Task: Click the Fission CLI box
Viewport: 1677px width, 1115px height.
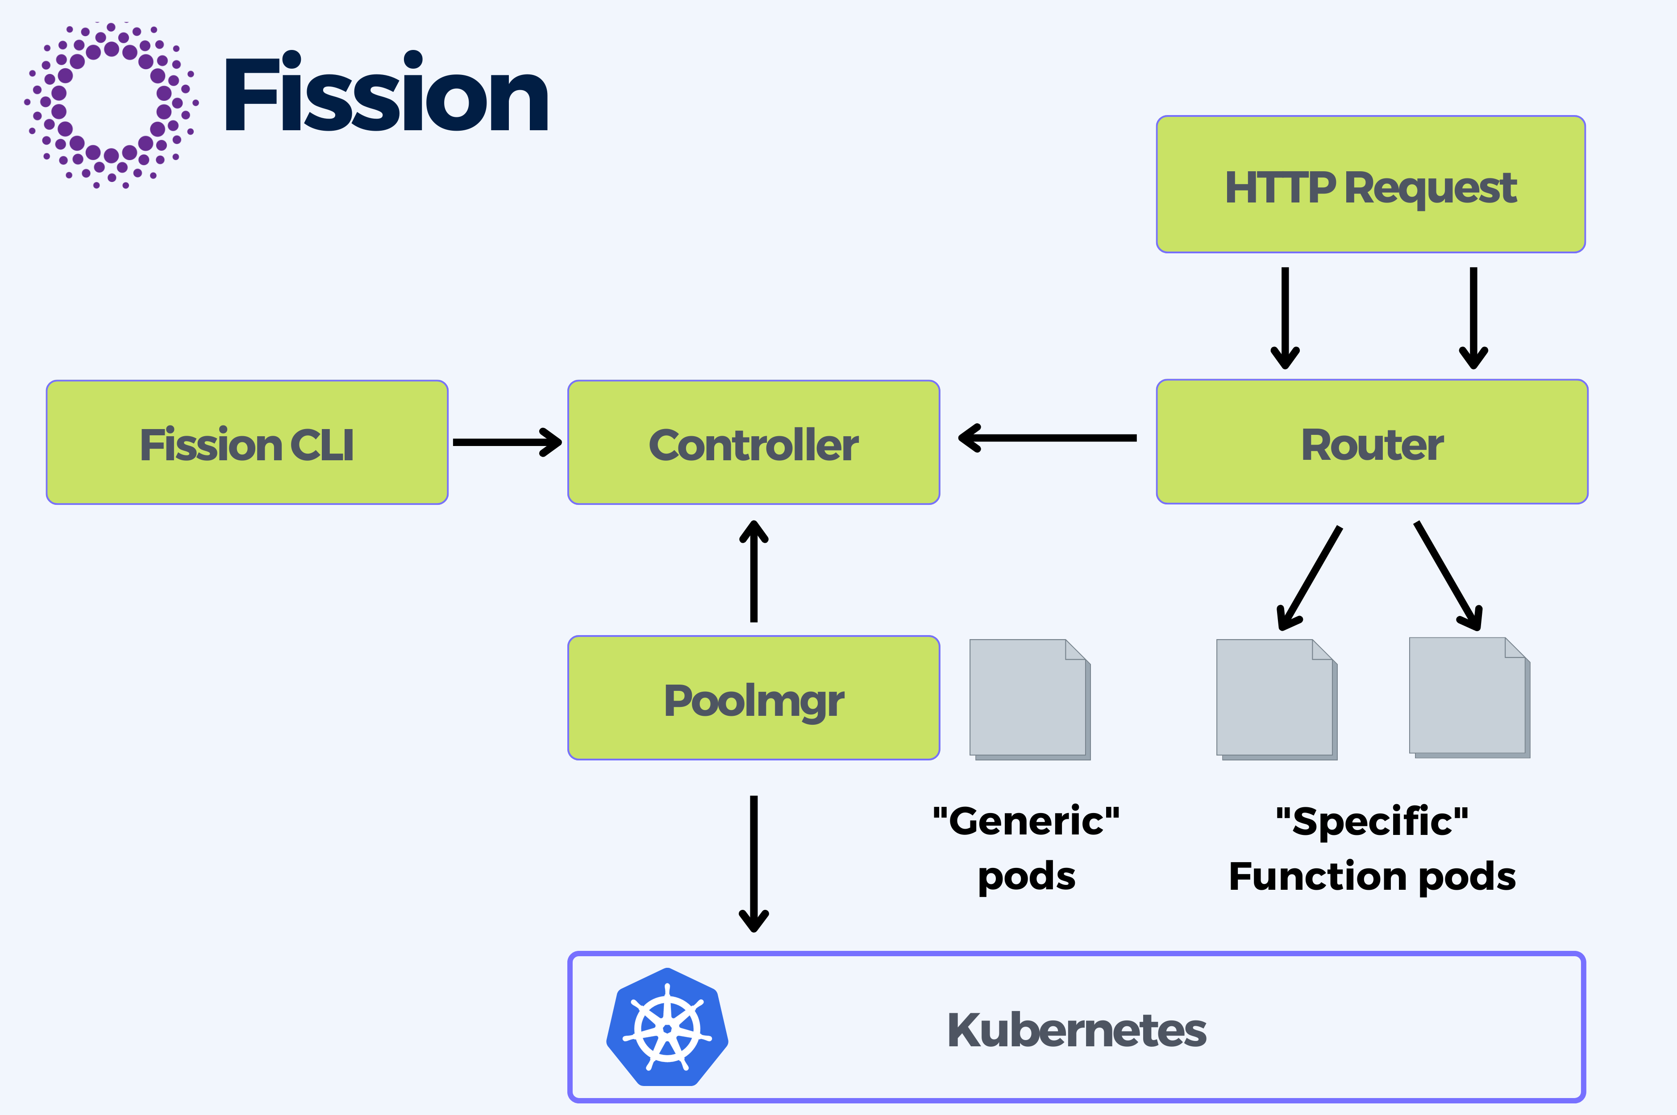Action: [247, 442]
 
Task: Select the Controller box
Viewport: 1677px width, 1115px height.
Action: [753, 442]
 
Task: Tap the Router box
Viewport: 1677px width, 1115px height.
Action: [1372, 442]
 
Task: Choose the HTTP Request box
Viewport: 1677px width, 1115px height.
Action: [1370, 184]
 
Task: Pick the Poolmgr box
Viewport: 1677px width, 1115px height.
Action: [753, 698]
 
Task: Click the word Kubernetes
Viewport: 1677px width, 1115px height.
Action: [1077, 1030]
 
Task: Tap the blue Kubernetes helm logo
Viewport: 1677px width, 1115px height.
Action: [667, 1027]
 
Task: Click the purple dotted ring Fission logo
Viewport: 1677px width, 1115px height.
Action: [112, 105]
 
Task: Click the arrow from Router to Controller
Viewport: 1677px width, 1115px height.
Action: [1047, 438]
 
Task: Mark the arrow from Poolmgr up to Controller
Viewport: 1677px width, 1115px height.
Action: [753, 571]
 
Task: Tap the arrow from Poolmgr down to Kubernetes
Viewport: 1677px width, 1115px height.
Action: [753, 863]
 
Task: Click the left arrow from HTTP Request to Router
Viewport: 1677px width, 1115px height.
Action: [1285, 318]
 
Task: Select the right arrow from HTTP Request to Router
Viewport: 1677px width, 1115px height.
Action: [1473, 318]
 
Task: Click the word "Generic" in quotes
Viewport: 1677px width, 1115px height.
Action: [1026, 822]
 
